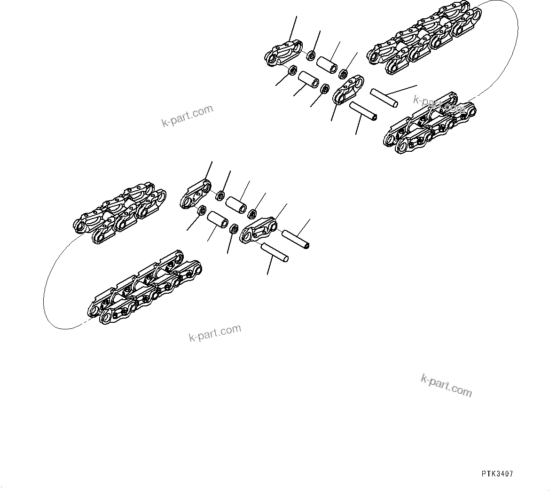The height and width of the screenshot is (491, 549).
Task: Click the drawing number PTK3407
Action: click(497, 474)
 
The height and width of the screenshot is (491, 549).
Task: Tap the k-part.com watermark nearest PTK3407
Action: click(446, 385)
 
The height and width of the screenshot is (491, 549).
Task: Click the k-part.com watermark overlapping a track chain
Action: click(439, 103)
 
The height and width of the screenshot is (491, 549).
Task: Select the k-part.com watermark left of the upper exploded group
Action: click(187, 116)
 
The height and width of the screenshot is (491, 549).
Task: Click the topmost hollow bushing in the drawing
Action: click(328, 64)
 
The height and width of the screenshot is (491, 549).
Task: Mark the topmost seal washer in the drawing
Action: click(311, 56)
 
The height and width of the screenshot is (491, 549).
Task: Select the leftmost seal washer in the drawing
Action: click(201, 210)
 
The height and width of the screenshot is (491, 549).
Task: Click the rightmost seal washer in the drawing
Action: click(344, 74)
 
